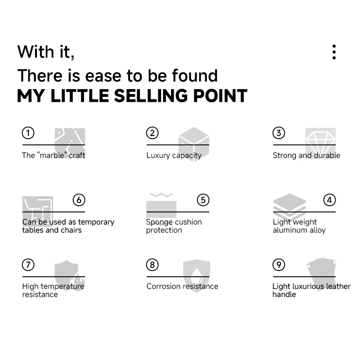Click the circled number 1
pyautogui.click(x=28, y=133)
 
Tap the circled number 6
pyautogui.click(x=79, y=200)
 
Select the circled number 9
pyautogui.click(x=279, y=265)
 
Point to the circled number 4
pyautogui.click(x=329, y=200)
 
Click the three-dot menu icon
pyautogui.click(x=334, y=52)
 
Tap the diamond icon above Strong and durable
pyautogui.click(x=320, y=141)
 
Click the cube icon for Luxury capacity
pyautogui.click(x=193, y=143)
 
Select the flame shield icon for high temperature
pyautogui.click(x=67, y=274)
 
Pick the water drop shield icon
pyautogui.click(x=197, y=275)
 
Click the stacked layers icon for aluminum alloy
pyautogui.click(x=289, y=207)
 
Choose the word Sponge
pyautogui.click(x=159, y=222)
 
